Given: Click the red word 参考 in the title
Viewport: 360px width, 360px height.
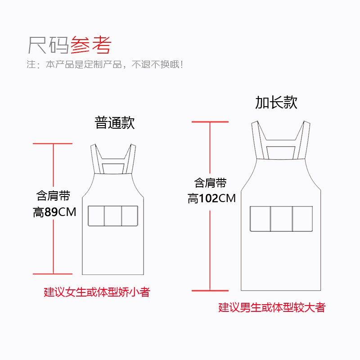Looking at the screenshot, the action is pyautogui.click(x=90, y=45).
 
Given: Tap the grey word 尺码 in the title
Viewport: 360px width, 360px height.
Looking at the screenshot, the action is pyautogui.click(x=49, y=45).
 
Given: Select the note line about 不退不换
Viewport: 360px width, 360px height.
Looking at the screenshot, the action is pyautogui.click(x=104, y=64).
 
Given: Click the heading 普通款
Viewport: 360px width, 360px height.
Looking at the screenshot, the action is pyautogui.click(x=115, y=123).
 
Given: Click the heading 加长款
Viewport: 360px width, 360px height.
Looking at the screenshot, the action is pyautogui.click(x=276, y=103).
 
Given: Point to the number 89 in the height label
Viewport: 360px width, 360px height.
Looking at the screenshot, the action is pyautogui.click(x=51, y=212).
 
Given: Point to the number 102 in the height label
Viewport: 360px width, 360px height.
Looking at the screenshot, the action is pyautogui.click(x=208, y=198).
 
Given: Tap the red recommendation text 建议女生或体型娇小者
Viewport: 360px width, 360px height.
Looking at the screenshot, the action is pyautogui.click(x=97, y=292).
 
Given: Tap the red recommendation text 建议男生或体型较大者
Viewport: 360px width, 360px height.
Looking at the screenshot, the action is pyautogui.click(x=272, y=308).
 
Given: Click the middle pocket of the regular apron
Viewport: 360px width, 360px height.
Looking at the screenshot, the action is pyautogui.click(x=113, y=216).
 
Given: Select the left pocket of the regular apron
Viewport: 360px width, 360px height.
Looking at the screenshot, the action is pyautogui.click(x=96, y=216).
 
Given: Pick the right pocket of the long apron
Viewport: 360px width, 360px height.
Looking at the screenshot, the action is pyautogui.click(x=302, y=219).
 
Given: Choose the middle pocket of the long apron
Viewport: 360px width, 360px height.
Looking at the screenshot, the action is pyautogui.click(x=281, y=219).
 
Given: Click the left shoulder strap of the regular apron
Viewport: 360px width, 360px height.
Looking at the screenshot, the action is pyautogui.click(x=95, y=159).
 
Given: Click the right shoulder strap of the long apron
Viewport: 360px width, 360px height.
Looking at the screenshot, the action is pyautogui.click(x=304, y=139).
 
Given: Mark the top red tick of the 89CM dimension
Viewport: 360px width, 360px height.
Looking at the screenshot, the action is pyautogui.click(x=53, y=144).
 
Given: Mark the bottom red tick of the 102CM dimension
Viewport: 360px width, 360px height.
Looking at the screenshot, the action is pyautogui.click(x=210, y=291).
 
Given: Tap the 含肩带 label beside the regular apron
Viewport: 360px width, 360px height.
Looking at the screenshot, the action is pyautogui.click(x=53, y=196).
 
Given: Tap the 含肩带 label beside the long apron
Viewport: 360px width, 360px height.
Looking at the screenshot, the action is pyautogui.click(x=210, y=183).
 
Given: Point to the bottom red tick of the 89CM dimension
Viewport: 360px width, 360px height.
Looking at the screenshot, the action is pyautogui.click(x=53, y=273).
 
